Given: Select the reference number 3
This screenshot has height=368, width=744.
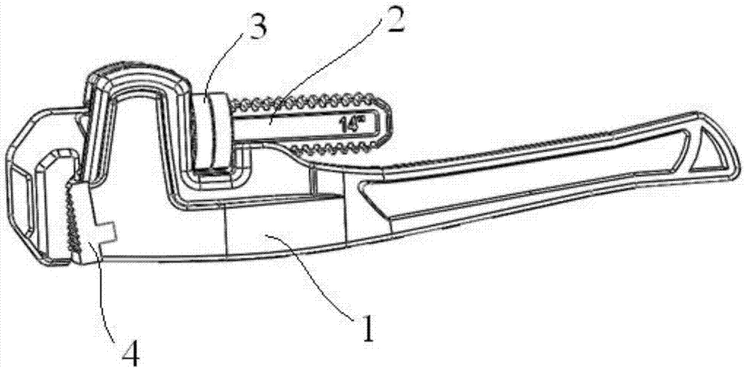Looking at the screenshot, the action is [254, 27].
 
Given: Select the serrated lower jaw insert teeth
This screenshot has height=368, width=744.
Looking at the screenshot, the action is [71, 217].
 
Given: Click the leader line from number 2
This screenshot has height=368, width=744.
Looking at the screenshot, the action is [323, 76].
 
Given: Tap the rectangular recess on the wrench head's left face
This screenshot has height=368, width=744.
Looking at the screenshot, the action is [19, 200].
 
